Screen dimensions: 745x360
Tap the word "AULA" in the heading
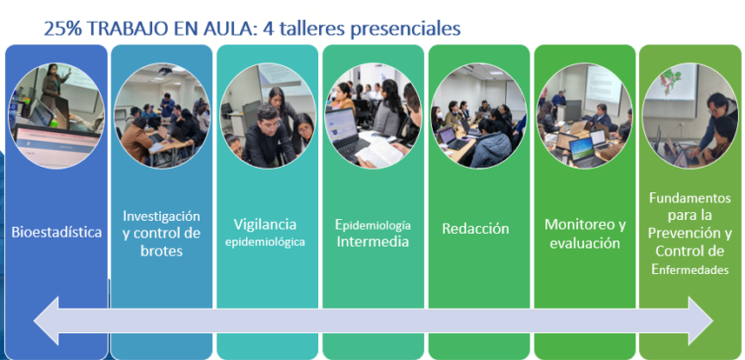click(223, 29)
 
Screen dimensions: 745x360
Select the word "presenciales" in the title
click(406, 30)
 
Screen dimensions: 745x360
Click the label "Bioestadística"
click(57, 232)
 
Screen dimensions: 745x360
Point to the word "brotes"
click(162, 250)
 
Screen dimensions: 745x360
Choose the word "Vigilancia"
click(265, 224)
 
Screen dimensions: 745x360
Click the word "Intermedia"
click(373, 241)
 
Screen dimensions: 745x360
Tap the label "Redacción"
click(476, 229)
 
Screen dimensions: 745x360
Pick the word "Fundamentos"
click(690, 197)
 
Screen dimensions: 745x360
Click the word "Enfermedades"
click(690, 270)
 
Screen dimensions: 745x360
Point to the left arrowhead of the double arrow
click(46, 321)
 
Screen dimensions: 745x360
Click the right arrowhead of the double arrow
click(701, 321)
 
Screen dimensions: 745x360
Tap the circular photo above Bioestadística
click(57, 116)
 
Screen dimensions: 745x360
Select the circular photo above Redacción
click(479, 116)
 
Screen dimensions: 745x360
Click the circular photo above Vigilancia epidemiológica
click(268, 116)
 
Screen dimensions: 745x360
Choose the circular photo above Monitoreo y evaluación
click(584, 116)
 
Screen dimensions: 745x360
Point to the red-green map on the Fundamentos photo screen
click(671, 78)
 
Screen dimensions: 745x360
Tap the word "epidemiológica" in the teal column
click(265, 242)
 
